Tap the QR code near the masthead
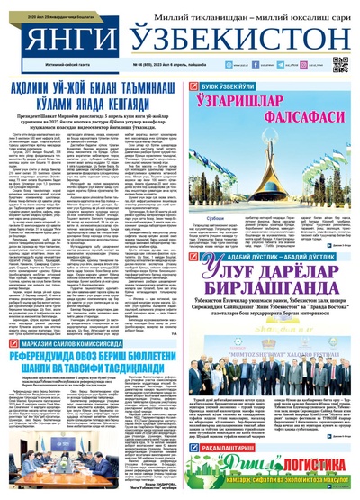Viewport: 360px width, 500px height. click(340, 65)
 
